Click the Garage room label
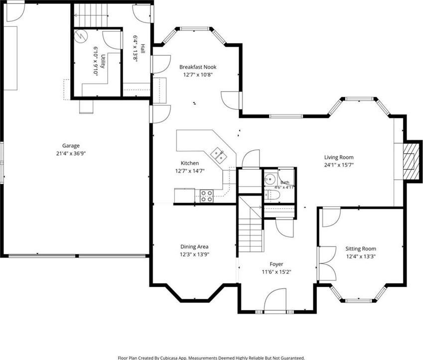point(71,146)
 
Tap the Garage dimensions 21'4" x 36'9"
point(71,154)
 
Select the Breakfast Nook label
point(198,67)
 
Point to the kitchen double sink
point(219,155)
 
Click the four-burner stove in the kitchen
point(207,196)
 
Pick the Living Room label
point(339,157)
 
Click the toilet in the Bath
point(273,195)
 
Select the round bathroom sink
point(269,179)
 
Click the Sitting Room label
point(361,249)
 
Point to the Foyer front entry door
point(275,301)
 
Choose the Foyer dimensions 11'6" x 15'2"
point(277,272)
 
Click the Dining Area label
point(194,247)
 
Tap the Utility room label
point(103,62)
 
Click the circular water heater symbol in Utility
point(81,36)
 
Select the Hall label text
point(142,48)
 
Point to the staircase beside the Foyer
point(250,225)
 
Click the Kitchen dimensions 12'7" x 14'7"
point(190,171)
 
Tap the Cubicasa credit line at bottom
point(211,358)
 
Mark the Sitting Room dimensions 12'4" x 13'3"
point(361,256)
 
